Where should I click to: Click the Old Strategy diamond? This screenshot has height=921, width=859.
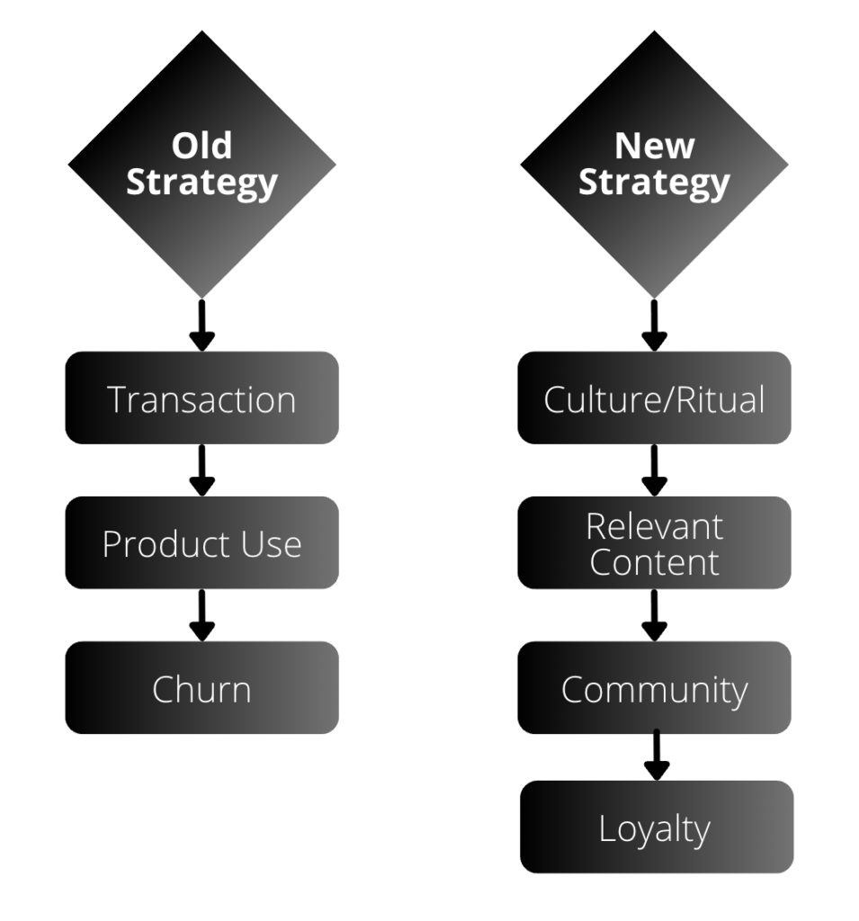[x=201, y=165]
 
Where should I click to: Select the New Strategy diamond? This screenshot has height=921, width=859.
[x=654, y=165]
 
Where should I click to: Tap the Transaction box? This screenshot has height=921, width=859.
[x=201, y=398]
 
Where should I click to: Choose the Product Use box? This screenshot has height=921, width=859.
[x=201, y=543]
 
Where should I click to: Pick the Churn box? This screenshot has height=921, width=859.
[x=201, y=688]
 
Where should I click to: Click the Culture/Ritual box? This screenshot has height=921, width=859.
[x=654, y=398]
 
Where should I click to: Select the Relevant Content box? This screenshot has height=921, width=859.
[x=654, y=543]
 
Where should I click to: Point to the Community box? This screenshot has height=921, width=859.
[x=654, y=688]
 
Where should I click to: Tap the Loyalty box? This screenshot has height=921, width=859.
[x=657, y=827]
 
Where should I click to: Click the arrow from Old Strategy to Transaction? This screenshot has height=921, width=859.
[x=201, y=326]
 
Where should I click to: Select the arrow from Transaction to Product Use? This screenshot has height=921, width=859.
[x=201, y=470]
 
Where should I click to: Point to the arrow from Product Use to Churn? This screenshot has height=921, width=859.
[x=201, y=615]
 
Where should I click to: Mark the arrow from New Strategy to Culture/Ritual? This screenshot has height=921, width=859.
[x=654, y=326]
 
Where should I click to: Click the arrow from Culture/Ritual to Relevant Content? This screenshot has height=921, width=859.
[x=654, y=470]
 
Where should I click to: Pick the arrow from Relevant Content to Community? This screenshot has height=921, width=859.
[x=654, y=615]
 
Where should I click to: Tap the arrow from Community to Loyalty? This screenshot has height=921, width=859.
[x=657, y=756]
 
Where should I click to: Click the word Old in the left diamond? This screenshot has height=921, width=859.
[x=201, y=146]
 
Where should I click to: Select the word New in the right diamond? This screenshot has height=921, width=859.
[x=654, y=146]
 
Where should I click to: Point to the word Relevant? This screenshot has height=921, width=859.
[x=654, y=526]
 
